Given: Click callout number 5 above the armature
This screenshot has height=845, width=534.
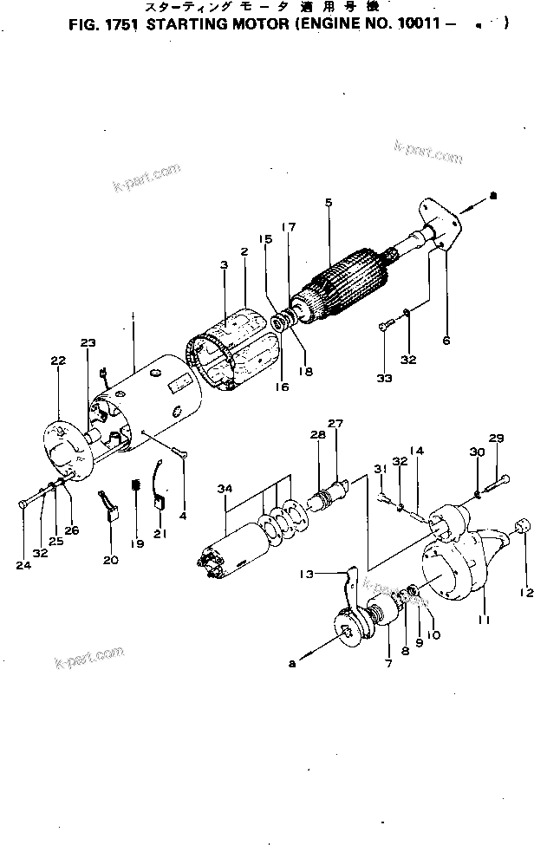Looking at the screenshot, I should (329, 203).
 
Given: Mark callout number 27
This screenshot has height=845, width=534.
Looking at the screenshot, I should (335, 424).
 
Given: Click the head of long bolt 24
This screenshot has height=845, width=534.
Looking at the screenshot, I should (22, 504).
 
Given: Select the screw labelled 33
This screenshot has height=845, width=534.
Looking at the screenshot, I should (387, 327).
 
